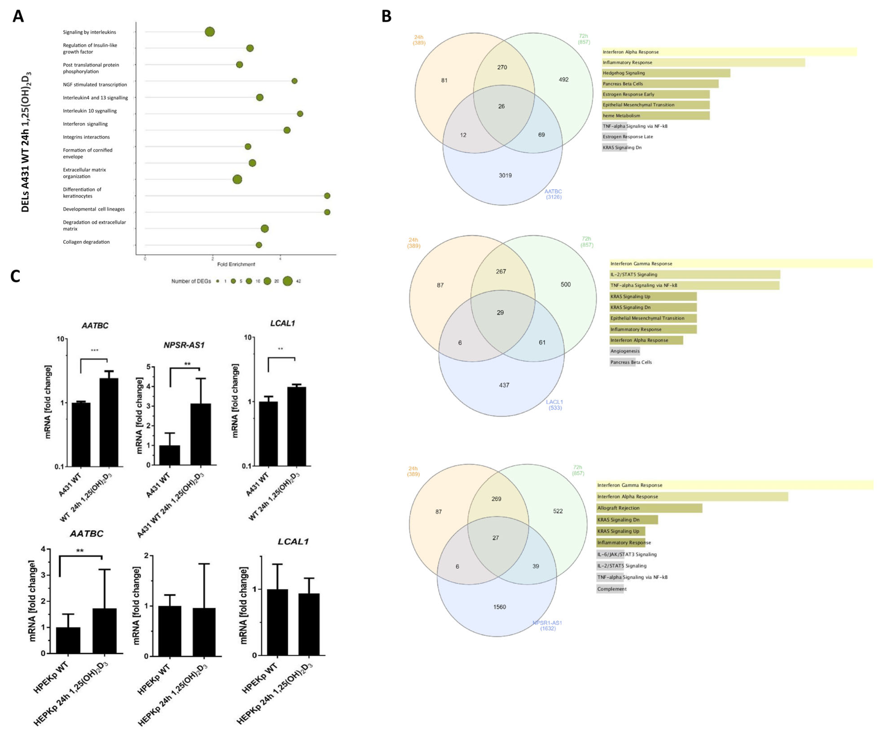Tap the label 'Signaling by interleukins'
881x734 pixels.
(89, 32)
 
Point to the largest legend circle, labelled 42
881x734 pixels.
(287, 281)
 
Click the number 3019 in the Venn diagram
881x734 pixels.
(505, 175)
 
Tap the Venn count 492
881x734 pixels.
(563, 80)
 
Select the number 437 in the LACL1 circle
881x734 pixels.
(504, 385)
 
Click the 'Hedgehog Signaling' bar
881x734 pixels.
(666, 73)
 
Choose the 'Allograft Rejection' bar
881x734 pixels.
(649, 508)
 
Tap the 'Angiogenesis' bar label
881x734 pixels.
(625, 351)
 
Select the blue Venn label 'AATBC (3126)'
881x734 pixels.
(553, 194)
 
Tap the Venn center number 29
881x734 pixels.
(500, 313)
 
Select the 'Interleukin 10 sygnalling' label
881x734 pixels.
(90, 111)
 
